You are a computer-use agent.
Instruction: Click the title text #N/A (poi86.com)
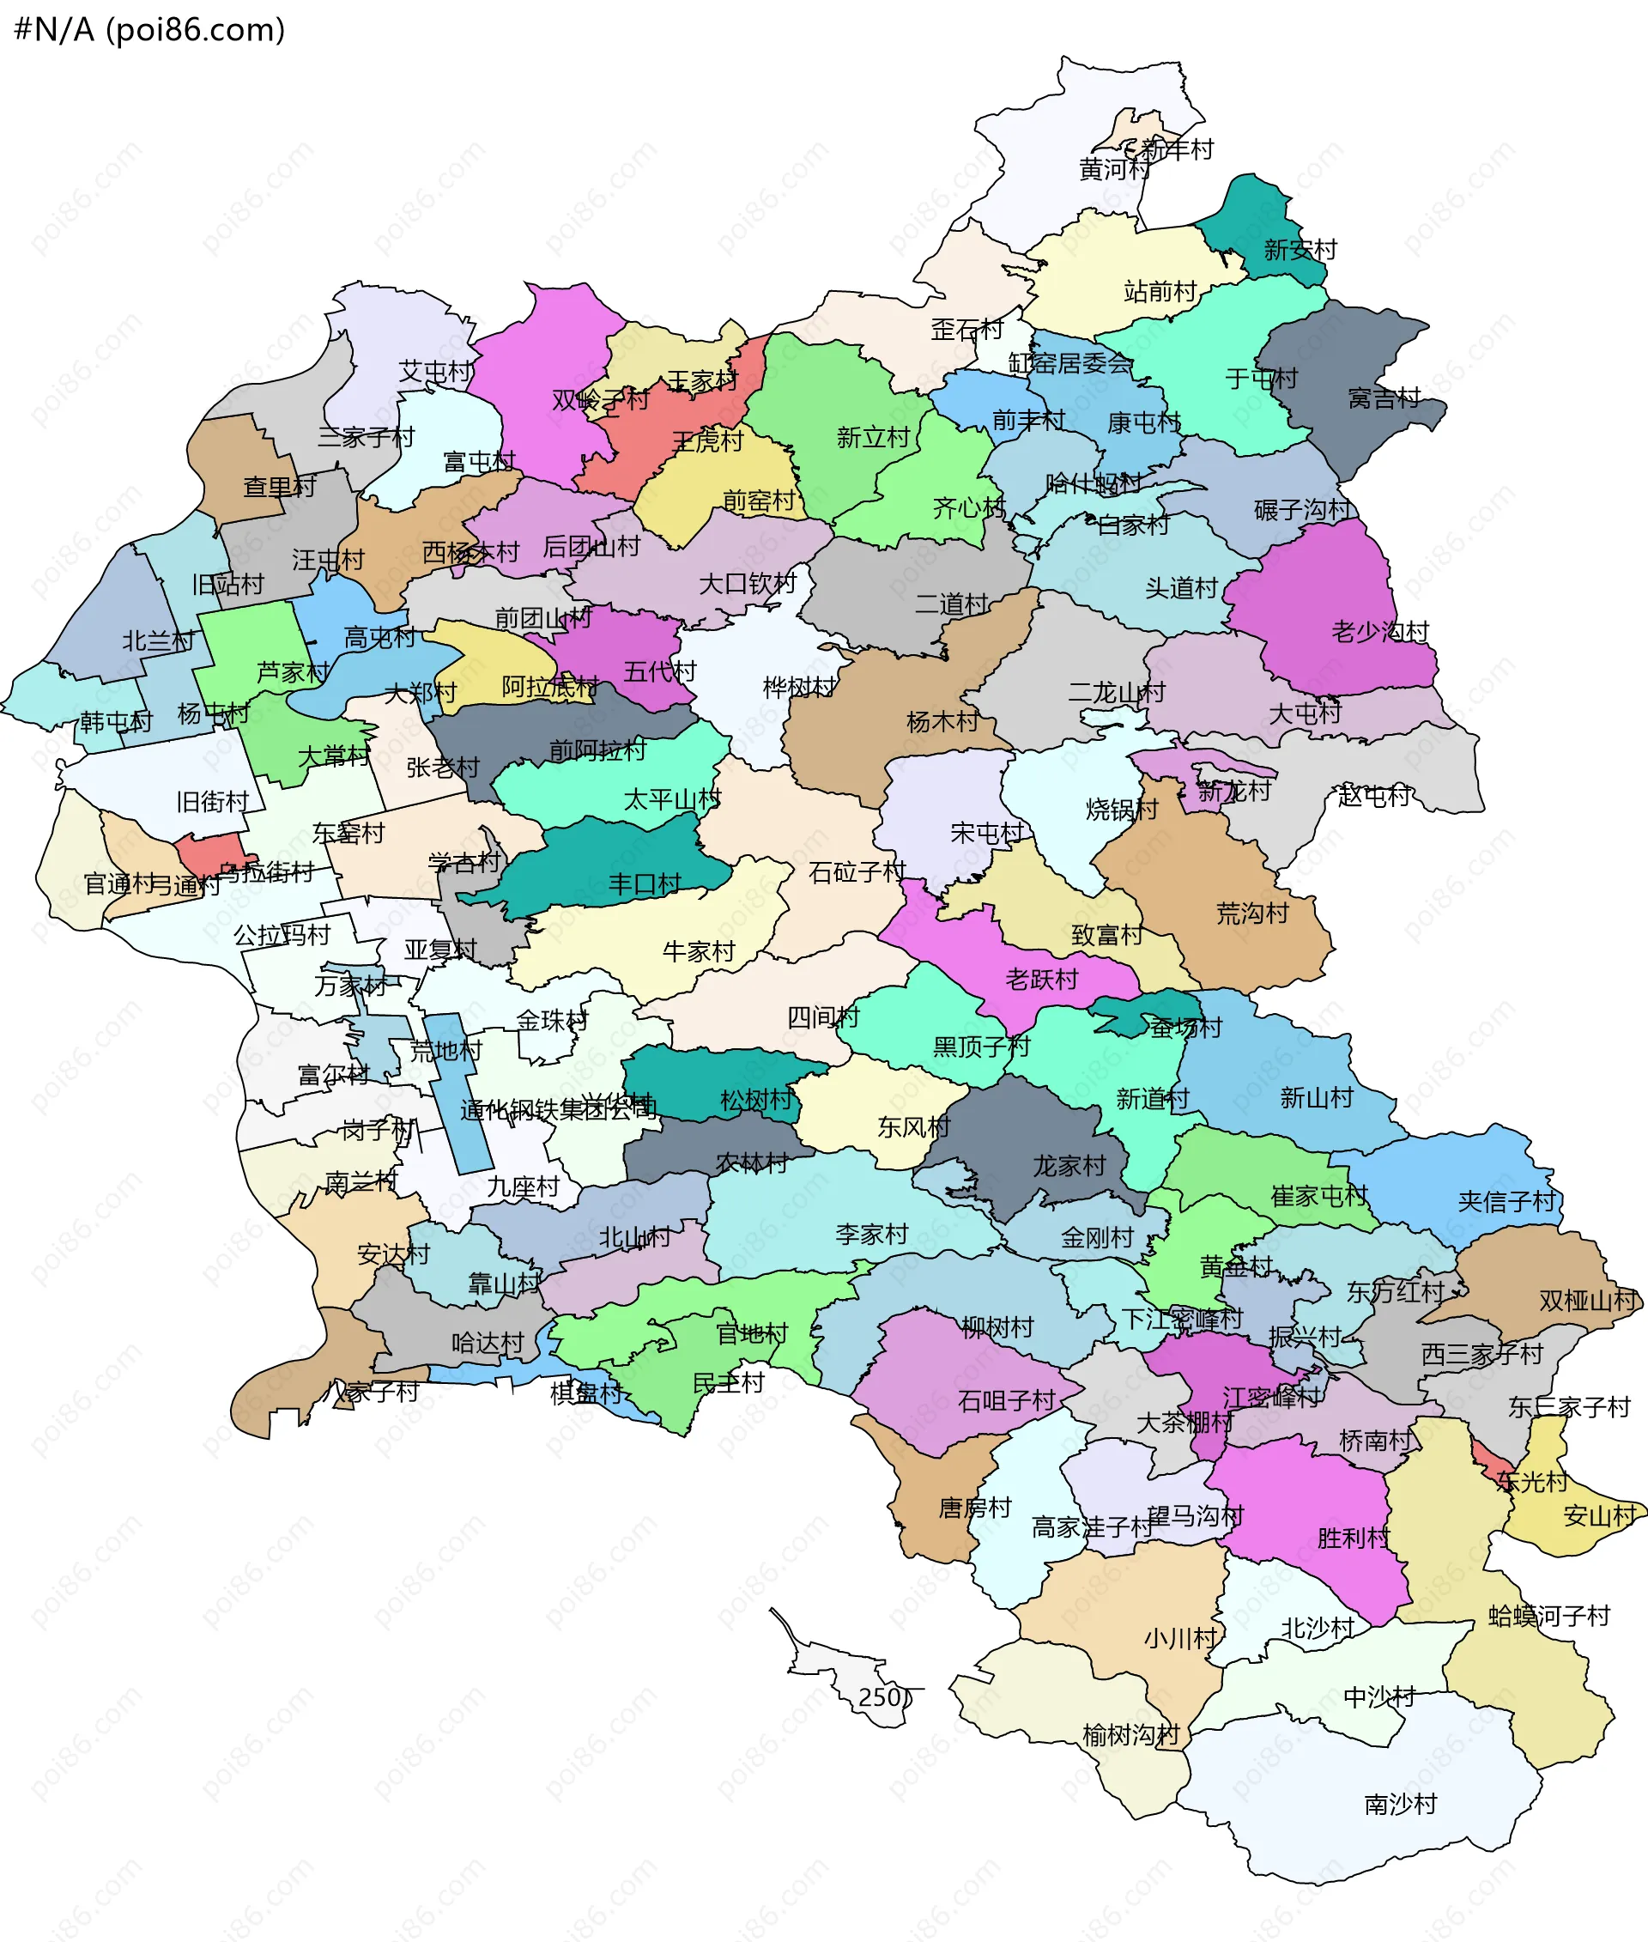click(x=149, y=29)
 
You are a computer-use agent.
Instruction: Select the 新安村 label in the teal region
click(x=1300, y=250)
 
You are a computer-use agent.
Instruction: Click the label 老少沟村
click(x=1380, y=632)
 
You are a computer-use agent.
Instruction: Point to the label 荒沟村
click(x=1252, y=913)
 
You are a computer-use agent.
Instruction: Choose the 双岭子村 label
click(x=600, y=400)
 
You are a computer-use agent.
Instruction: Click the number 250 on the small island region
click(x=880, y=1697)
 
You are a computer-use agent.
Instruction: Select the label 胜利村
click(x=1353, y=1538)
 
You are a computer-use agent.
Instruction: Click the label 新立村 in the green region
click(x=873, y=437)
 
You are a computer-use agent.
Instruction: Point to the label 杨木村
click(x=942, y=721)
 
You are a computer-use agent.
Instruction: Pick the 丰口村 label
click(x=645, y=883)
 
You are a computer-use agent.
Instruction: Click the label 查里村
click(x=279, y=487)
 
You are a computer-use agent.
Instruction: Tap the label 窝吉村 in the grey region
click(x=1384, y=398)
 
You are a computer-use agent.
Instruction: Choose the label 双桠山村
click(x=1588, y=1300)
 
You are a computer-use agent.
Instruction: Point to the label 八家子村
click(x=373, y=1393)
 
